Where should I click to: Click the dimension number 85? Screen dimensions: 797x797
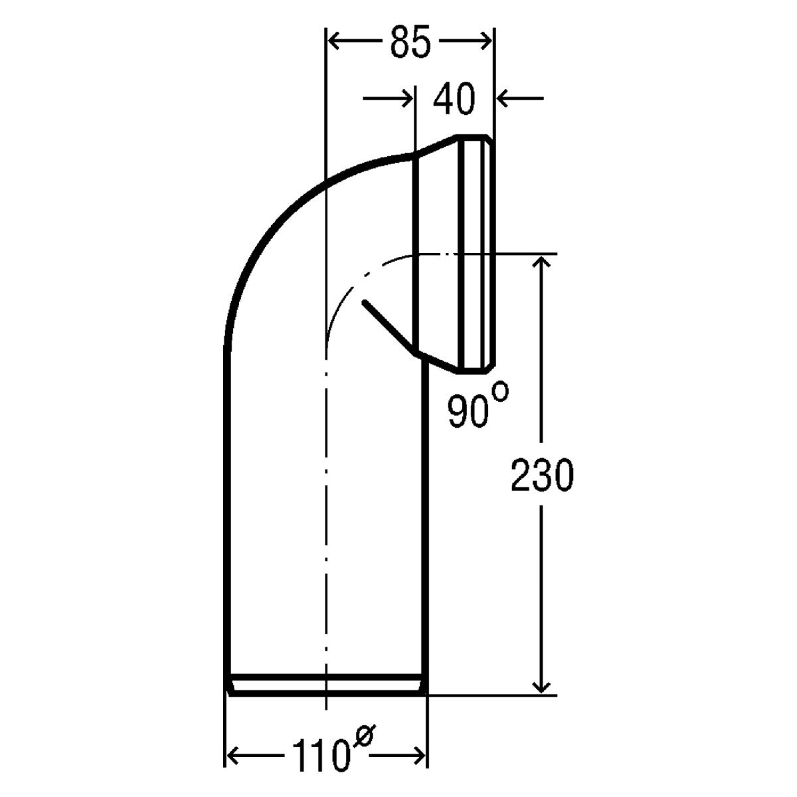(x=410, y=43)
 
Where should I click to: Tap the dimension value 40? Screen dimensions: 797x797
(x=454, y=99)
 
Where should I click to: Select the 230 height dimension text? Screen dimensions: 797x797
(x=542, y=476)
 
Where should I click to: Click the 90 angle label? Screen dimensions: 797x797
(x=468, y=412)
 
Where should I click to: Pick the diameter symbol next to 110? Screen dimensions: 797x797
(x=363, y=737)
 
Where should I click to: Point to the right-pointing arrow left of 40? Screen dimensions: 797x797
(x=387, y=98)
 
